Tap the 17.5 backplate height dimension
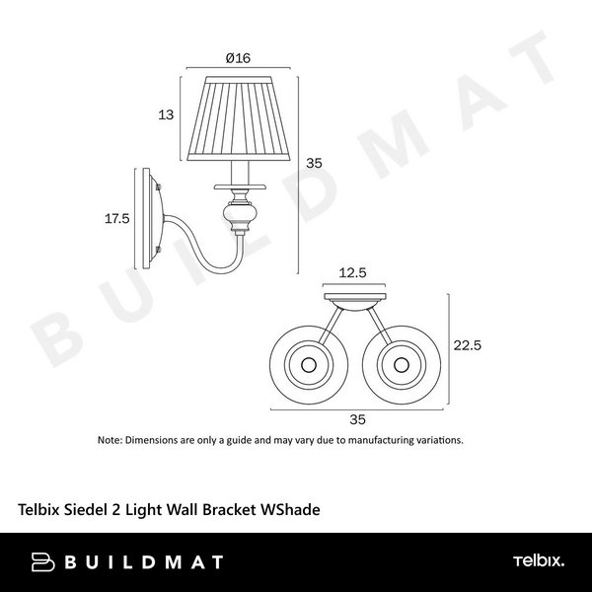[x=117, y=219]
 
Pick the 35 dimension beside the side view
[x=314, y=163]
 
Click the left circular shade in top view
[x=308, y=364]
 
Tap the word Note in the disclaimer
[x=109, y=440]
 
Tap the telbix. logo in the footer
[x=538, y=561]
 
